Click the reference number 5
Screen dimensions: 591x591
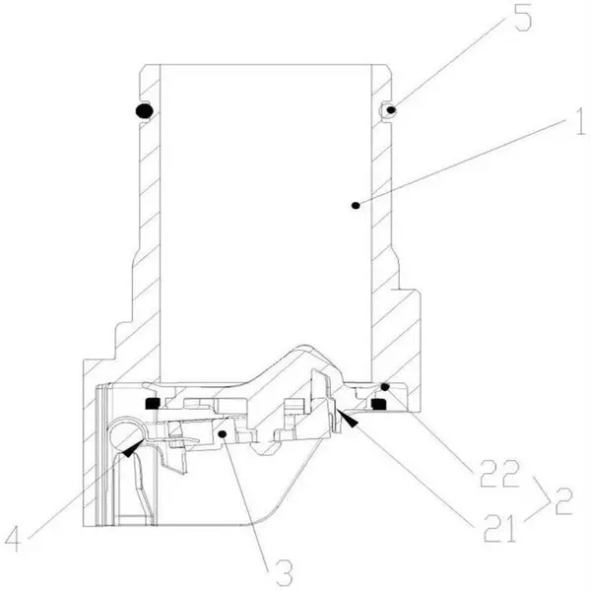point(523,17)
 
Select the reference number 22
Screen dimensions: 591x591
point(499,474)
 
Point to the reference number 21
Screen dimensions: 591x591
point(499,528)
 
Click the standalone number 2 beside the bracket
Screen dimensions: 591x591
point(563,501)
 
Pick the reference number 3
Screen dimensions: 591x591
point(284,572)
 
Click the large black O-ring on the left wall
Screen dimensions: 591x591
point(144,110)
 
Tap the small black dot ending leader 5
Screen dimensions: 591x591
point(392,110)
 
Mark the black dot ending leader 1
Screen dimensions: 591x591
point(355,206)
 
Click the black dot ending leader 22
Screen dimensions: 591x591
point(384,387)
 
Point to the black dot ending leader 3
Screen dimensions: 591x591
point(223,434)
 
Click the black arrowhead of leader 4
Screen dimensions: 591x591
point(133,448)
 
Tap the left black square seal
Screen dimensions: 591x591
point(152,403)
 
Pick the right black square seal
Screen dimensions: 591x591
point(378,404)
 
